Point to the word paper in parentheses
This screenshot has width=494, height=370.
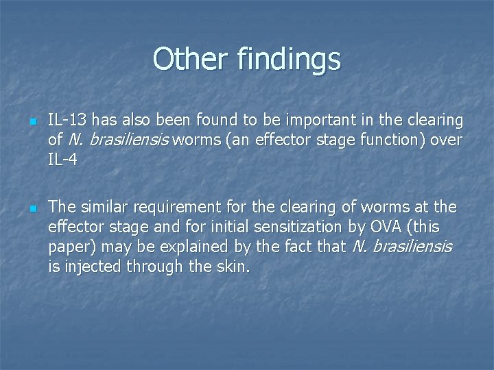coord(70,246)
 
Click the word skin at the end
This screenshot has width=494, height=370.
coord(233,265)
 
